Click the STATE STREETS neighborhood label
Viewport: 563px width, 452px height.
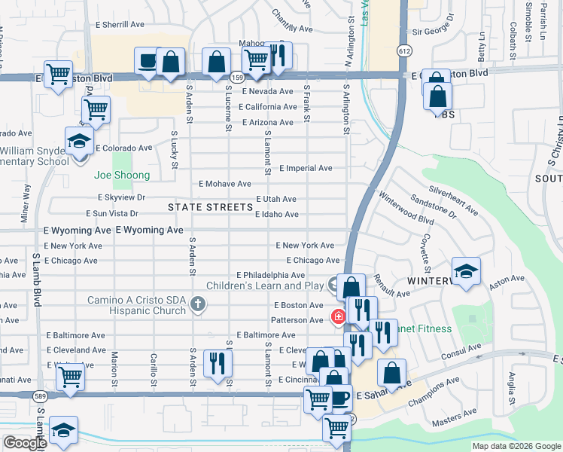210,207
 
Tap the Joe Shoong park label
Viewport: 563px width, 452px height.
122,176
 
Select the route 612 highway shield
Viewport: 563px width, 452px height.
405,50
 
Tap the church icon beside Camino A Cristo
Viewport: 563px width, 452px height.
197,305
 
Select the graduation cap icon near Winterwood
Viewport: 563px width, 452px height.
466,271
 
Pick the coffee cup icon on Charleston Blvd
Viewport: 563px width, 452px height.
146,60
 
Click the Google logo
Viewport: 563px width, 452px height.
25,443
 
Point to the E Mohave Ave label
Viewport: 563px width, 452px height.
224,184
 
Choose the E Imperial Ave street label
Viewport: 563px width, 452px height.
306,169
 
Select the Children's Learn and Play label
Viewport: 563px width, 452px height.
265,286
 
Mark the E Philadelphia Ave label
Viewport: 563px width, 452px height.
270,276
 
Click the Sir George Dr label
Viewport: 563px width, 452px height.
434,33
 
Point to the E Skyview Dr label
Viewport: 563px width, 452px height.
116,197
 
